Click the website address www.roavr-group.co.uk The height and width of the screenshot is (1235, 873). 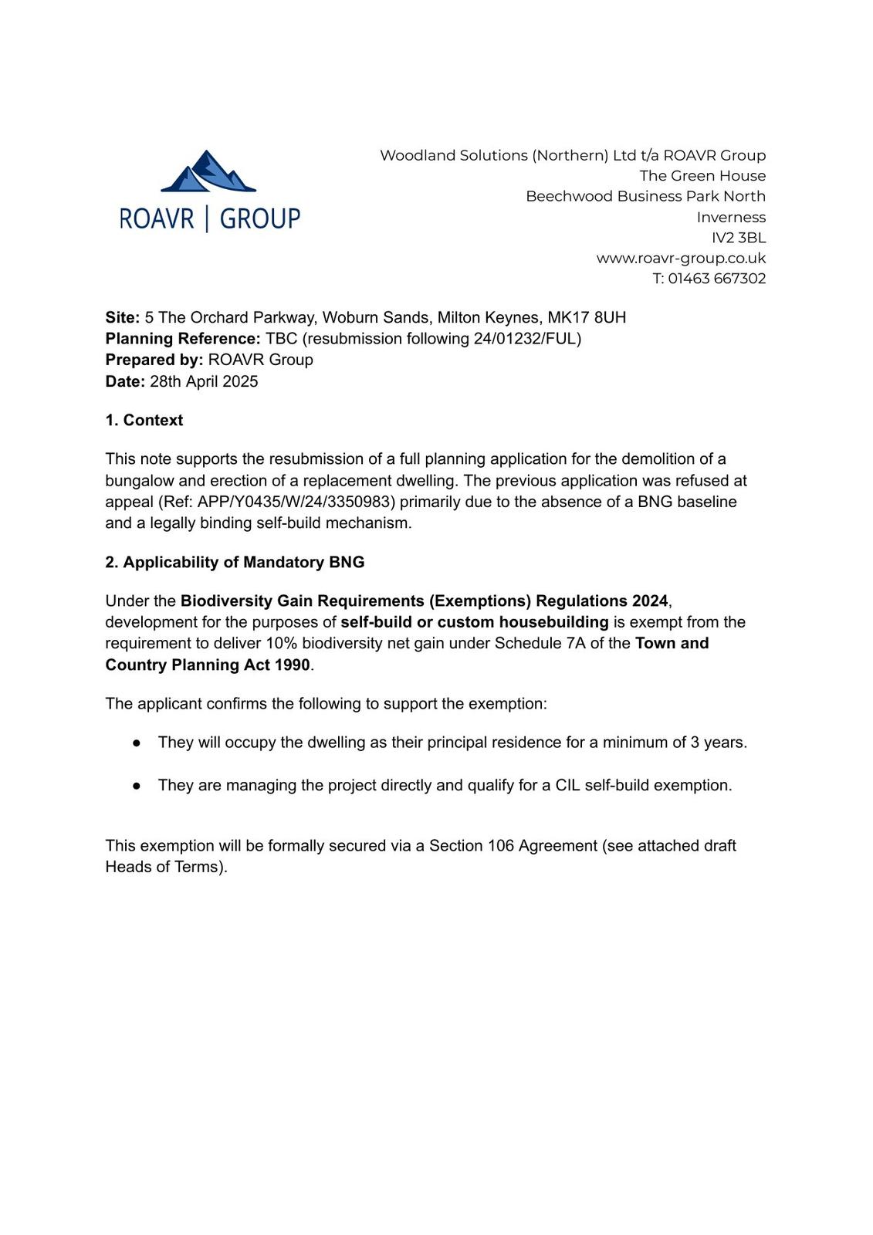click(681, 259)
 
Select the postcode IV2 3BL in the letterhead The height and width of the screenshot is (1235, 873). click(739, 238)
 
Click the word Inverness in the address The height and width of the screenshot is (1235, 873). click(731, 218)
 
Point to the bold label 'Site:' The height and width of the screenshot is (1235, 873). click(123, 318)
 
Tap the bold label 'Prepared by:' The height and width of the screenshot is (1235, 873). click(154, 360)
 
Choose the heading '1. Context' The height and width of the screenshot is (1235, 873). click(144, 421)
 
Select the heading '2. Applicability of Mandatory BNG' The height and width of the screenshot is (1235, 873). click(235, 563)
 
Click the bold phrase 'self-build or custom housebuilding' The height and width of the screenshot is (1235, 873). click(475, 623)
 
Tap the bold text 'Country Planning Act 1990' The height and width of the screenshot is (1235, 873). click(208, 665)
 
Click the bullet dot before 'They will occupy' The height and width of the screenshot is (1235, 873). click(137, 743)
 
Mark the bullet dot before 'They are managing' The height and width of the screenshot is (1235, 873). click(137, 786)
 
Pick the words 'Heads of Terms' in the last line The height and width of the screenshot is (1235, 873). click(164, 868)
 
